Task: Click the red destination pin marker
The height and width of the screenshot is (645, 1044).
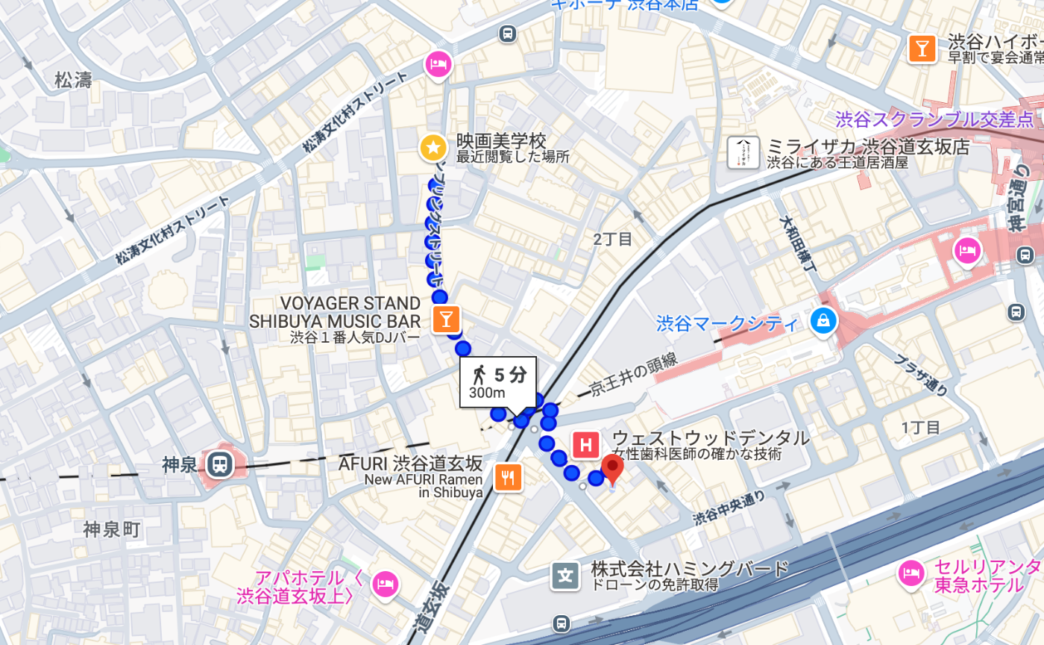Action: click(612, 470)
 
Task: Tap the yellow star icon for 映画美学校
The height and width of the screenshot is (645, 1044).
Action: click(433, 147)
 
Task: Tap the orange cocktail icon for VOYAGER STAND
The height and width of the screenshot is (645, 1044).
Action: click(446, 320)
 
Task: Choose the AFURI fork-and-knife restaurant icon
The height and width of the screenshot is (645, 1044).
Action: click(509, 478)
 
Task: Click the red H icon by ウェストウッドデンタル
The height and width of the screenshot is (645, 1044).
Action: click(586, 446)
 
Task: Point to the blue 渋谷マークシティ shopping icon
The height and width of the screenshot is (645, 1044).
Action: click(823, 322)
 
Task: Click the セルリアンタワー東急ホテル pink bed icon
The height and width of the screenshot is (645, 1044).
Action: click(911, 573)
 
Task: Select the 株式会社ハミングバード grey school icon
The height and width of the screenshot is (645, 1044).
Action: click(565, 576)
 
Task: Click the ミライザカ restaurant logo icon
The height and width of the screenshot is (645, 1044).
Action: click(743, 152)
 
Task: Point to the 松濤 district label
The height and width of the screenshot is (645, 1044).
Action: click(73, 81)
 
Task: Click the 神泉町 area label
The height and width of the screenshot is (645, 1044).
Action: click(112, 530)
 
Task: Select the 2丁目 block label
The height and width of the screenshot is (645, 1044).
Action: click(613, 240)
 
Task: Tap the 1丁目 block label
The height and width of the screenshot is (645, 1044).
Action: click(921, 428)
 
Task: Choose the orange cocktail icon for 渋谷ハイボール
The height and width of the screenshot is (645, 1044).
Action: click(922, 49)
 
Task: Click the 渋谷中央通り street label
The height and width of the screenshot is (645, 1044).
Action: click(729, 507)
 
